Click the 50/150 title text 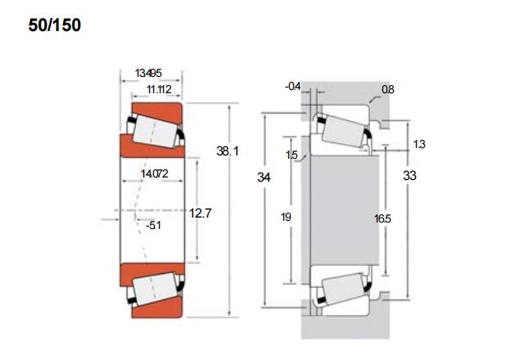(55, 25)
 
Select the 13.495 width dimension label (148, 73)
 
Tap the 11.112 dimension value (159, 89)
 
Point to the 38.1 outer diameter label (228, 151)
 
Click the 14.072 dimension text (155, 173)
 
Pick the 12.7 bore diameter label (200, 213)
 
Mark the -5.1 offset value (153, 226)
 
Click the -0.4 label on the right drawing (293, 87)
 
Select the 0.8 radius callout (387, 89)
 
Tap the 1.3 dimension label (419, 144)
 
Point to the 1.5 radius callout (291, 155)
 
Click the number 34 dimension (264, 177)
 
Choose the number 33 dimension (409, 176)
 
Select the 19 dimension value (286, 217)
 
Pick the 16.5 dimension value (382, 218)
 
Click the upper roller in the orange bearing (155, 132)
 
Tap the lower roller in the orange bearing (155, 289)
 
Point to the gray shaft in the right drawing (344, 210)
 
